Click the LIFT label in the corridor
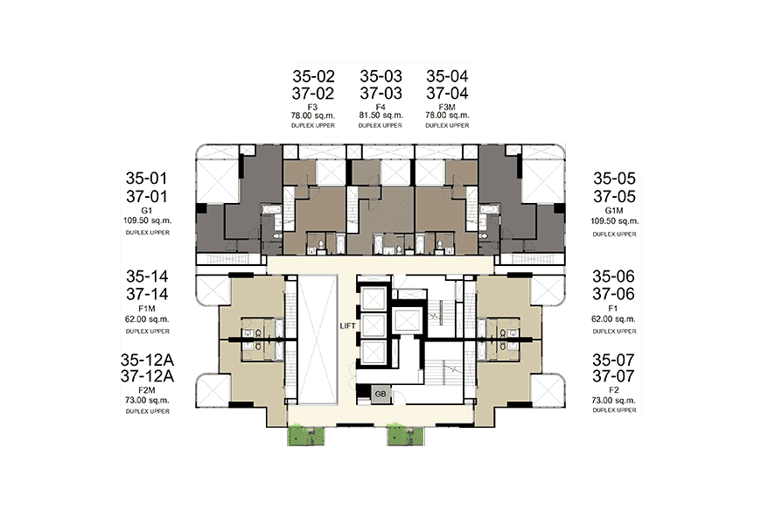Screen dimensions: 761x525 347,325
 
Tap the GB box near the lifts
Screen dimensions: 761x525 380,394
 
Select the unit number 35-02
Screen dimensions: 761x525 313,76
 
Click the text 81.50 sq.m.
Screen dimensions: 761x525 381,115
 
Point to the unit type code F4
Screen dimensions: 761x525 380,107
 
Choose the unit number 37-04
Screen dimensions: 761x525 448,94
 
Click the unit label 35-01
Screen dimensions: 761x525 147,178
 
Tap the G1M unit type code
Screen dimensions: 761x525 614,211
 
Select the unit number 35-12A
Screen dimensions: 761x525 147,360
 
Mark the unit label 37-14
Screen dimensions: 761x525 147,294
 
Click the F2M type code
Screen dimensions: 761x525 147,390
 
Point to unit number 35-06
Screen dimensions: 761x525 613,276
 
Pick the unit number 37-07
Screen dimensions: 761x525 613,376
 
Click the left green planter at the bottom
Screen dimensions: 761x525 306,436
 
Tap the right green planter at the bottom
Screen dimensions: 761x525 405,436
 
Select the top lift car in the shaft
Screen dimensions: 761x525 374,297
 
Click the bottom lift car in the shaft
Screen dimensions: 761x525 374,352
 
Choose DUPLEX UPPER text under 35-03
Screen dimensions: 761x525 380,125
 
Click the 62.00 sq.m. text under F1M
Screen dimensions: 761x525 147,319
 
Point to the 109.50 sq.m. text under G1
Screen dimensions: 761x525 147,220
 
